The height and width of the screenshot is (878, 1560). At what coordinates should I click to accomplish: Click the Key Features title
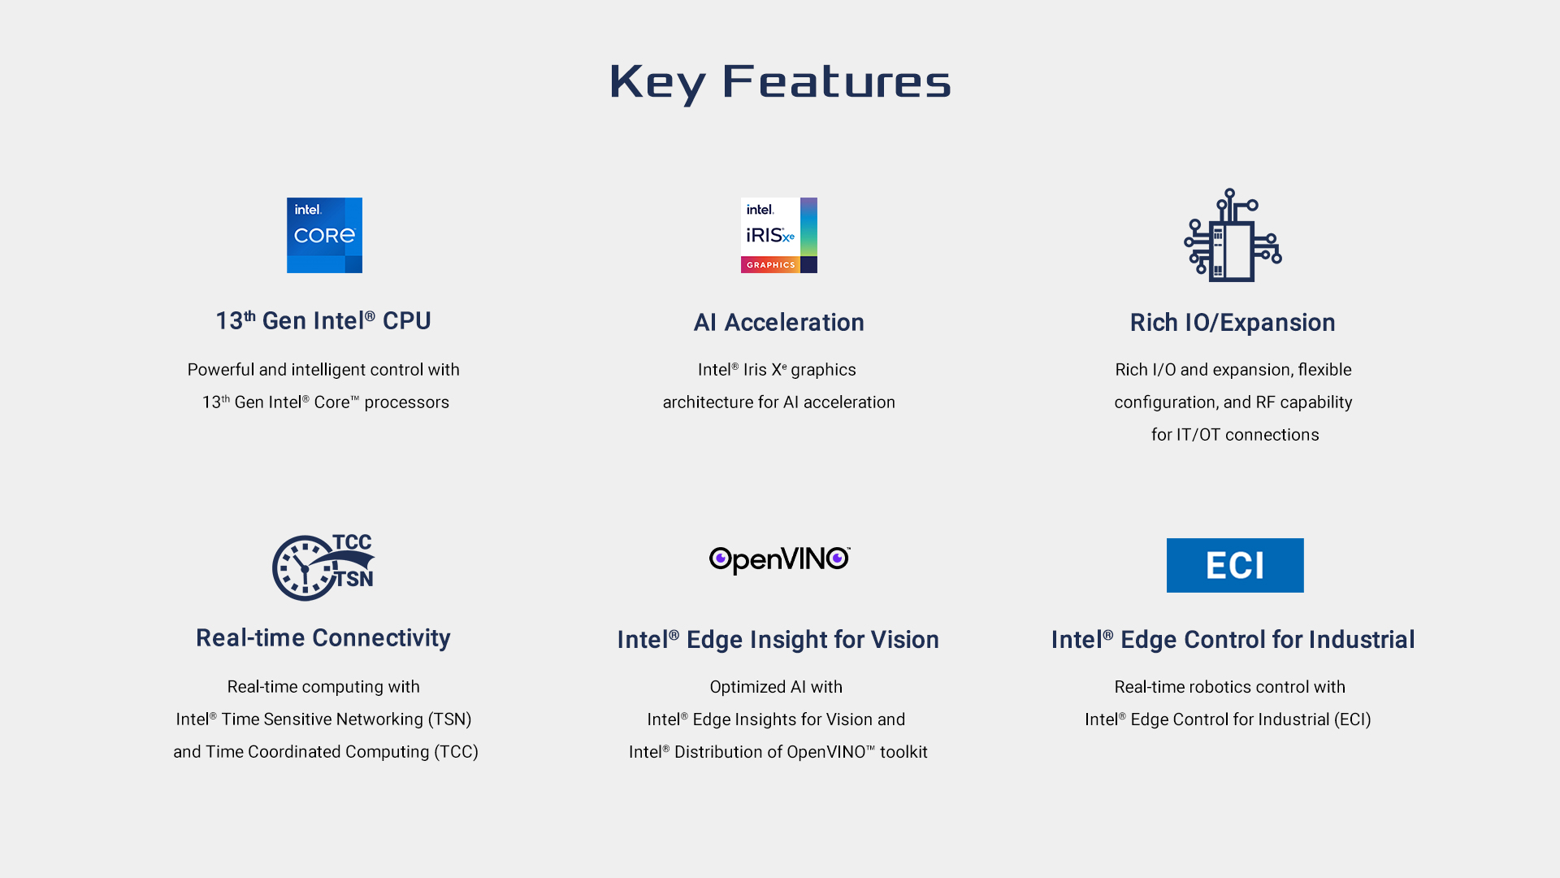pyautogui.click(x=780, y=82)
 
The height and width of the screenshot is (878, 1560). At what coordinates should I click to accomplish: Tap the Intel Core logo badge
pyautogui.click(x=324, y=235)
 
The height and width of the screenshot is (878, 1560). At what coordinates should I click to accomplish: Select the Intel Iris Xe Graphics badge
pyautogui.click(x=778, y=235)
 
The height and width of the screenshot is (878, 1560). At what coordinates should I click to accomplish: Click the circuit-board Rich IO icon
pyautogui.click(x=1233, y=235)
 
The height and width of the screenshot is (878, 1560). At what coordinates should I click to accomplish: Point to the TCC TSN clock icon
pyautogui.click(x=323, y=567)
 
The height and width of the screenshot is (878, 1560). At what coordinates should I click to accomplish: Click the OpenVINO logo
pyautogui.click(x=779, y=560)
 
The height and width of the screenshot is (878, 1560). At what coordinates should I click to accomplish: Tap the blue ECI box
pyautogui.click(x=1235, y=565)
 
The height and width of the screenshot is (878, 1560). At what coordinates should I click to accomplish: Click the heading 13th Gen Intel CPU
pyautogui.click(x=323, y=321)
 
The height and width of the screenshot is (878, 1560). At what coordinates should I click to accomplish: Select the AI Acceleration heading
pyautogui.click(x=778, y=323)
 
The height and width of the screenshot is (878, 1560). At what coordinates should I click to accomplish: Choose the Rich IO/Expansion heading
pyautogui.click(x=1233, y=323)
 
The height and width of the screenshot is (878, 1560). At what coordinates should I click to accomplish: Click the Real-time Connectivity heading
pyautogui.click(x=323, y=638)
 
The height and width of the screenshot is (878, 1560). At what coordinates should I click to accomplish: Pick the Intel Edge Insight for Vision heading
pyautogui.click(x=778, y=640)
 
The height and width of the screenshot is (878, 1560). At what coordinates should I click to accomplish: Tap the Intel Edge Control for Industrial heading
pyautogui.click(x=1233, y=640)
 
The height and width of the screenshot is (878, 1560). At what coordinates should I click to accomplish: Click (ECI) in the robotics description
pyautogui.click(x=1352, y=719)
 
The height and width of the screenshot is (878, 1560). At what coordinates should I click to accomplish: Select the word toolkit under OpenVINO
pyautogui.click(x=903, y=752)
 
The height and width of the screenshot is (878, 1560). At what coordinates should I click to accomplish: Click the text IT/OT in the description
pyautogui.click(x=1198, y=435)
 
